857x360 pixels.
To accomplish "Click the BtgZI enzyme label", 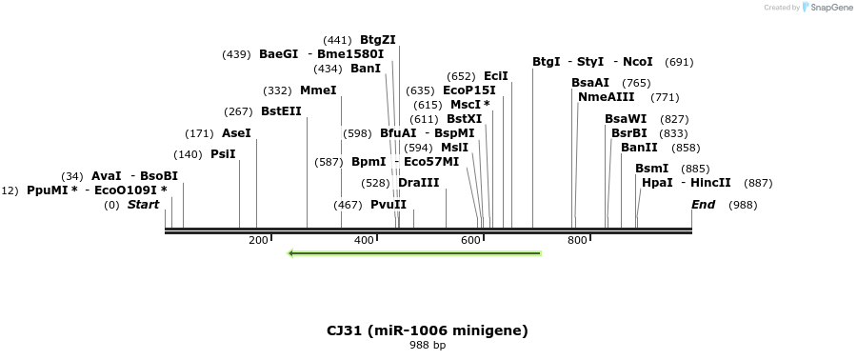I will tap(377, 40).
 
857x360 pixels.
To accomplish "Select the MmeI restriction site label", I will tap(318, 90).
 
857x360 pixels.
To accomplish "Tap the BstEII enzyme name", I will tap(281, 111).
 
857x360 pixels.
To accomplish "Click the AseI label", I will tap(236, 133).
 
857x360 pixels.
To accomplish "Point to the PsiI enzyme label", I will tap(223, 154).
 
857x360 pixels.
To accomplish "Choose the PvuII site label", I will tap(389, 205).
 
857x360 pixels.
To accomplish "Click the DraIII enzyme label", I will tap(419, 183).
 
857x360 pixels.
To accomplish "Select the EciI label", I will tap(496, 76).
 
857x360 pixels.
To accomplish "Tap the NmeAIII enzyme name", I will tap(606, 97).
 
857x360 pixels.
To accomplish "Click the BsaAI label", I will tap(590, 83).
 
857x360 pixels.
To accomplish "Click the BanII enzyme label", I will tap(639, 148).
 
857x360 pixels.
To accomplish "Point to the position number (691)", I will tap(679, 62).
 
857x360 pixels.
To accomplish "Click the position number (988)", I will tap(743, 205).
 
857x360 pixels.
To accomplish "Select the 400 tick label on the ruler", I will tap(365, 241).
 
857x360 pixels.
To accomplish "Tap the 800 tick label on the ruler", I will tap(577, 241).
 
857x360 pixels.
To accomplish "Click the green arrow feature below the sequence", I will tap(414, 253).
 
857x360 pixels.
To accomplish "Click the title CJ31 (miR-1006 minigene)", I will tap(427, 330).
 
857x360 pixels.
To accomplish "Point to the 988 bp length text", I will tap(427, 345).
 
